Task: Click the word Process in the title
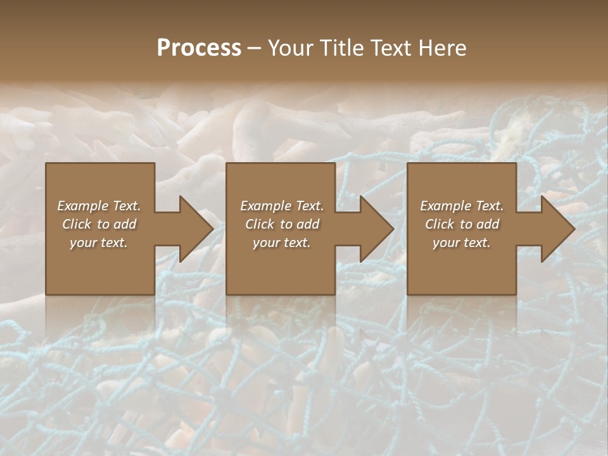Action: coord(199,48)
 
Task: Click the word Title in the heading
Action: coord(336,48)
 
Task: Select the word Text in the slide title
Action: coord(390,48)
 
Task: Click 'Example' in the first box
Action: coord(83,206)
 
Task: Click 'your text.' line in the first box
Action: coord(99,243)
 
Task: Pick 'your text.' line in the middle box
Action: coord(282,243)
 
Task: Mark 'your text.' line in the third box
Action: coord(462,243)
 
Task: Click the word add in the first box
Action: coord(125,224)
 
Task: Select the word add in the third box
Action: coord(488,224)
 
